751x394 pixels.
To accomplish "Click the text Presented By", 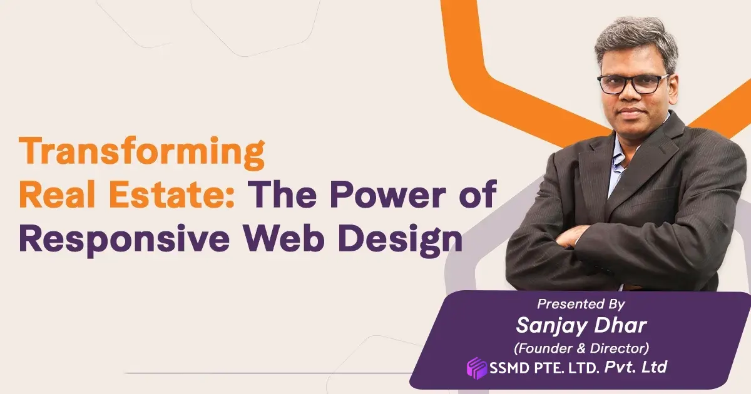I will (x=581, y=304).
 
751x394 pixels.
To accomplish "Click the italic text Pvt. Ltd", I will (x=635, y=367).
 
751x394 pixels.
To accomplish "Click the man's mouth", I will (x=632, y=113).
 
